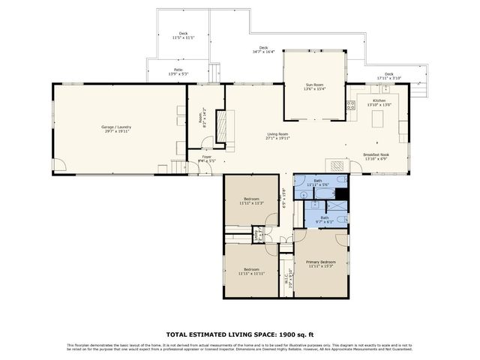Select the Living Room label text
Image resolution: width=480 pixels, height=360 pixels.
click(277, 136)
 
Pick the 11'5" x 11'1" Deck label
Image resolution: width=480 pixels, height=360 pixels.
click(183, 35)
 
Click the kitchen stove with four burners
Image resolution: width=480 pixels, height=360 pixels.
click(351, 105)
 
